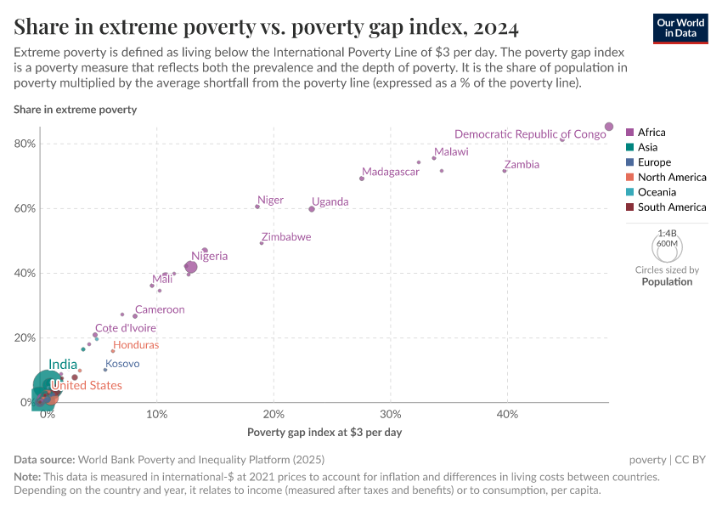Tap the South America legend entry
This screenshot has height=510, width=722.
671,207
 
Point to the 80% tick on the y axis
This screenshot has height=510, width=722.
25,144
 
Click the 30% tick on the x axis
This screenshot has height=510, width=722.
390,414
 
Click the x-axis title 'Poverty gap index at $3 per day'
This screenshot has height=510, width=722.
324,432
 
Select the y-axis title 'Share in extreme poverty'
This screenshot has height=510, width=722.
75,110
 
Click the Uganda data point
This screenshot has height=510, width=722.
312,209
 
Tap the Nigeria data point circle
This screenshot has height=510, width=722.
191,267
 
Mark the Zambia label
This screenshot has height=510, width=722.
521,164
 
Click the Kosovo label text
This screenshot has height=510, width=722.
122,363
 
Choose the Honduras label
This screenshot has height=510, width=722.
136,345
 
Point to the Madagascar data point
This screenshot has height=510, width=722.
362,178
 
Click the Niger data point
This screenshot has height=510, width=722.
257,207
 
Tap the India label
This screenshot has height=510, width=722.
64,365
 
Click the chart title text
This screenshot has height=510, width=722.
266,27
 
